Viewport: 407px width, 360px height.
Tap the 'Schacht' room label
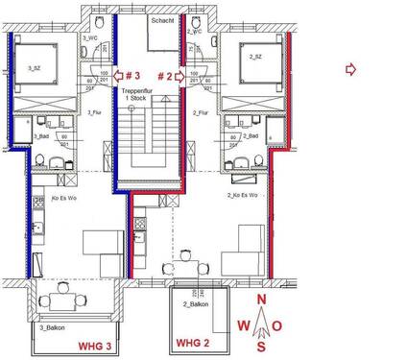(163, 20)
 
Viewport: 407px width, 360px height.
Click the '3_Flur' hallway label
(94, 113)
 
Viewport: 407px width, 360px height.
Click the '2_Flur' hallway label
(201, 113)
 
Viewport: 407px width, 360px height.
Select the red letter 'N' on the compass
(261, 300)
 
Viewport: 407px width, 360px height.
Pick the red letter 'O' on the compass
(277, 325)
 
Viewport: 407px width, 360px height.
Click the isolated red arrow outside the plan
(350, 68)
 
